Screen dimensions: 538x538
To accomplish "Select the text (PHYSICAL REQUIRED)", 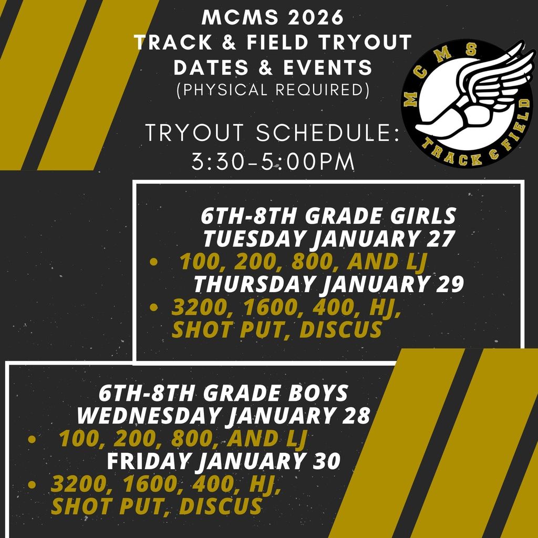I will [273, 90].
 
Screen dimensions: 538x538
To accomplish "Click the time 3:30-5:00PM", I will [273, 161].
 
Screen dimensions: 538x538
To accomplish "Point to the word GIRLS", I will [424, 216].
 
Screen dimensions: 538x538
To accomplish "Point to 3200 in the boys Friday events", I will [76, 484].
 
